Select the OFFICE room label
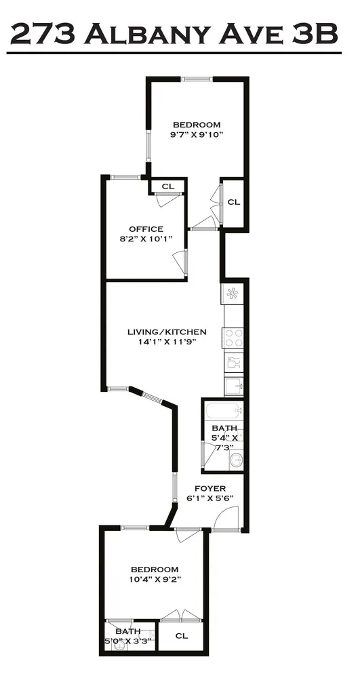coord(146,229)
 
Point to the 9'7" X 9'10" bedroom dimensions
coord(197,134)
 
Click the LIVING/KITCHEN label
coord(167,332)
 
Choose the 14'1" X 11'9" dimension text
coord(167,342)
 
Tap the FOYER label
coord(209,488)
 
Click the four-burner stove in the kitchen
coord(233,337)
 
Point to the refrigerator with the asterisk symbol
coord(233,294)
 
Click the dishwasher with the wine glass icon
coord(233,363)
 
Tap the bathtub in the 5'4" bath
coord(223,410)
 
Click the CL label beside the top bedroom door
coord(233,202)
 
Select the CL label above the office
coord(167,186)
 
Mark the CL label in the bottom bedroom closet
coord(181,636)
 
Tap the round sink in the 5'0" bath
coord(119,645)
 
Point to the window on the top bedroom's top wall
coord(197,79)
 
